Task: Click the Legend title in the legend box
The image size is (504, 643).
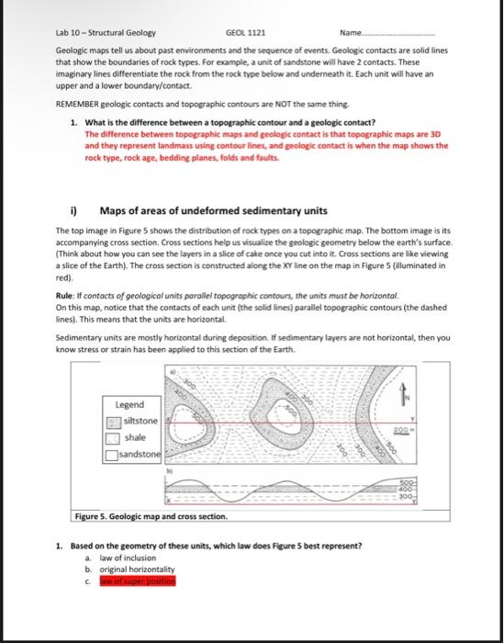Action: pos(129,404)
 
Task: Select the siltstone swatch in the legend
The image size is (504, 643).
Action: pos(113,422)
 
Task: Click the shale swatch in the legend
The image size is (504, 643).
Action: pos(113,438)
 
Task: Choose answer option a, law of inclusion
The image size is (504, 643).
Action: pos(120,558)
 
